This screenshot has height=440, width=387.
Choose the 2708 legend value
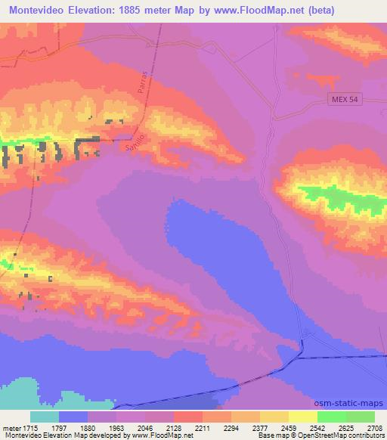[x=373, y=428]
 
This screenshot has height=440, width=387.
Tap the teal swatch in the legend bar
[x=44, y=417]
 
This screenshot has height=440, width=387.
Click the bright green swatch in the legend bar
[x=331, y=417]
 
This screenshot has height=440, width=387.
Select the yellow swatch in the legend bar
[x=302, y=417]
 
